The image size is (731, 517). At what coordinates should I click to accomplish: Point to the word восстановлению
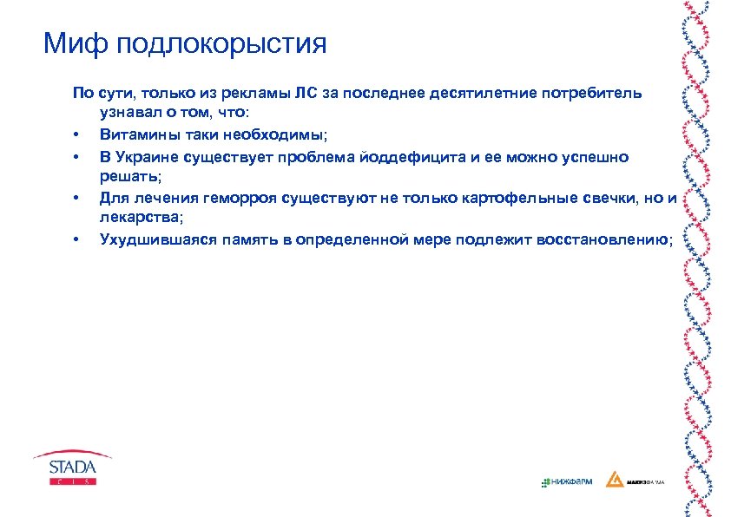point(609,239)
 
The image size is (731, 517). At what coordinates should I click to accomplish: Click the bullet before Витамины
point(76,136)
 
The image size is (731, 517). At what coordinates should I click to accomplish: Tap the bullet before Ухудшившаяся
point(76,240)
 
